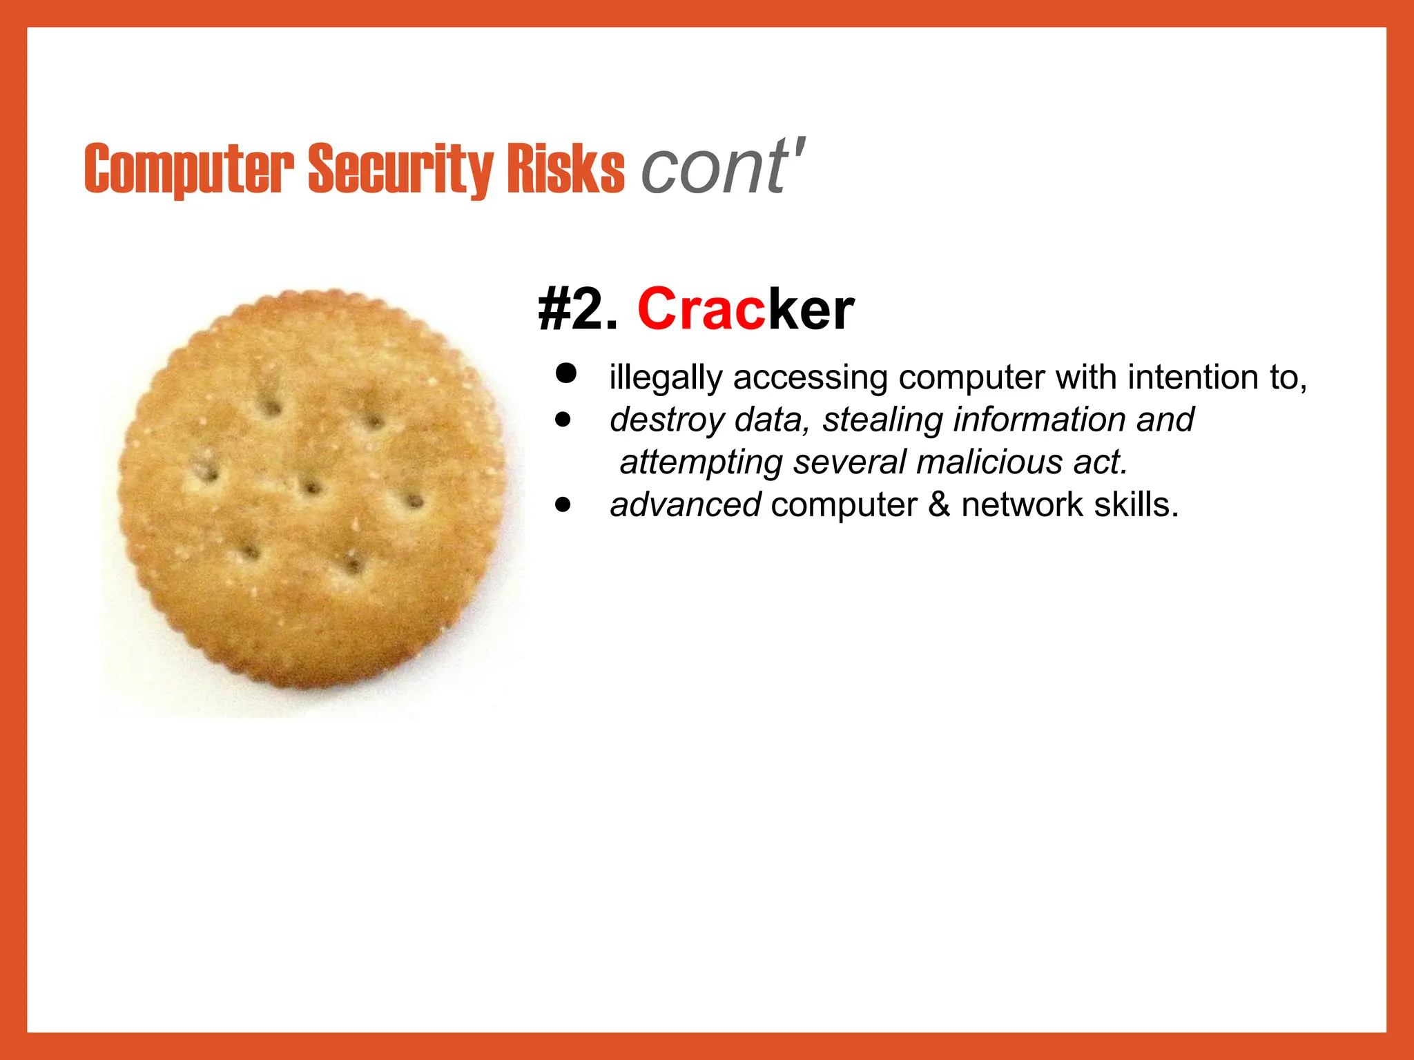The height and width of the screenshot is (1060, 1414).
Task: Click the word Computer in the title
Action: pyautogui.click(x=188, y=168)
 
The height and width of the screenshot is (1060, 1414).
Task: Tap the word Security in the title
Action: pyautogui.click(x=400, y=168)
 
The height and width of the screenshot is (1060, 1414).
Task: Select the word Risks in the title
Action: pyautogui.click(x=565, y=168)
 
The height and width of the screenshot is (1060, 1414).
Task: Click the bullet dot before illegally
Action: pyautogui.click(x=565, y=373)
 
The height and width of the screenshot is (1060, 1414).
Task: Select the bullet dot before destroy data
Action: pyautogui.click(x=564, y=420)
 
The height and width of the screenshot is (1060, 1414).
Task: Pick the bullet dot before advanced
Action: pyautogui.click(x=564, y=504)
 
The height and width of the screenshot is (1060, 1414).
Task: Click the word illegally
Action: pyautogui.click(x=666, y=378)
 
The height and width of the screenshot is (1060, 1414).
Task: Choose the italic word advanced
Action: pyautogui.click(x=685, y=504)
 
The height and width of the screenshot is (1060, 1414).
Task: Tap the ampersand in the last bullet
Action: pyautogui.click(x=939, y=504)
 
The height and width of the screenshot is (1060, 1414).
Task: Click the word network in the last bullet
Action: pyautogui.click(x=1023, y=504)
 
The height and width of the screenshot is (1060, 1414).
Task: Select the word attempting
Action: pyautogui.click(x=701, y=463)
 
